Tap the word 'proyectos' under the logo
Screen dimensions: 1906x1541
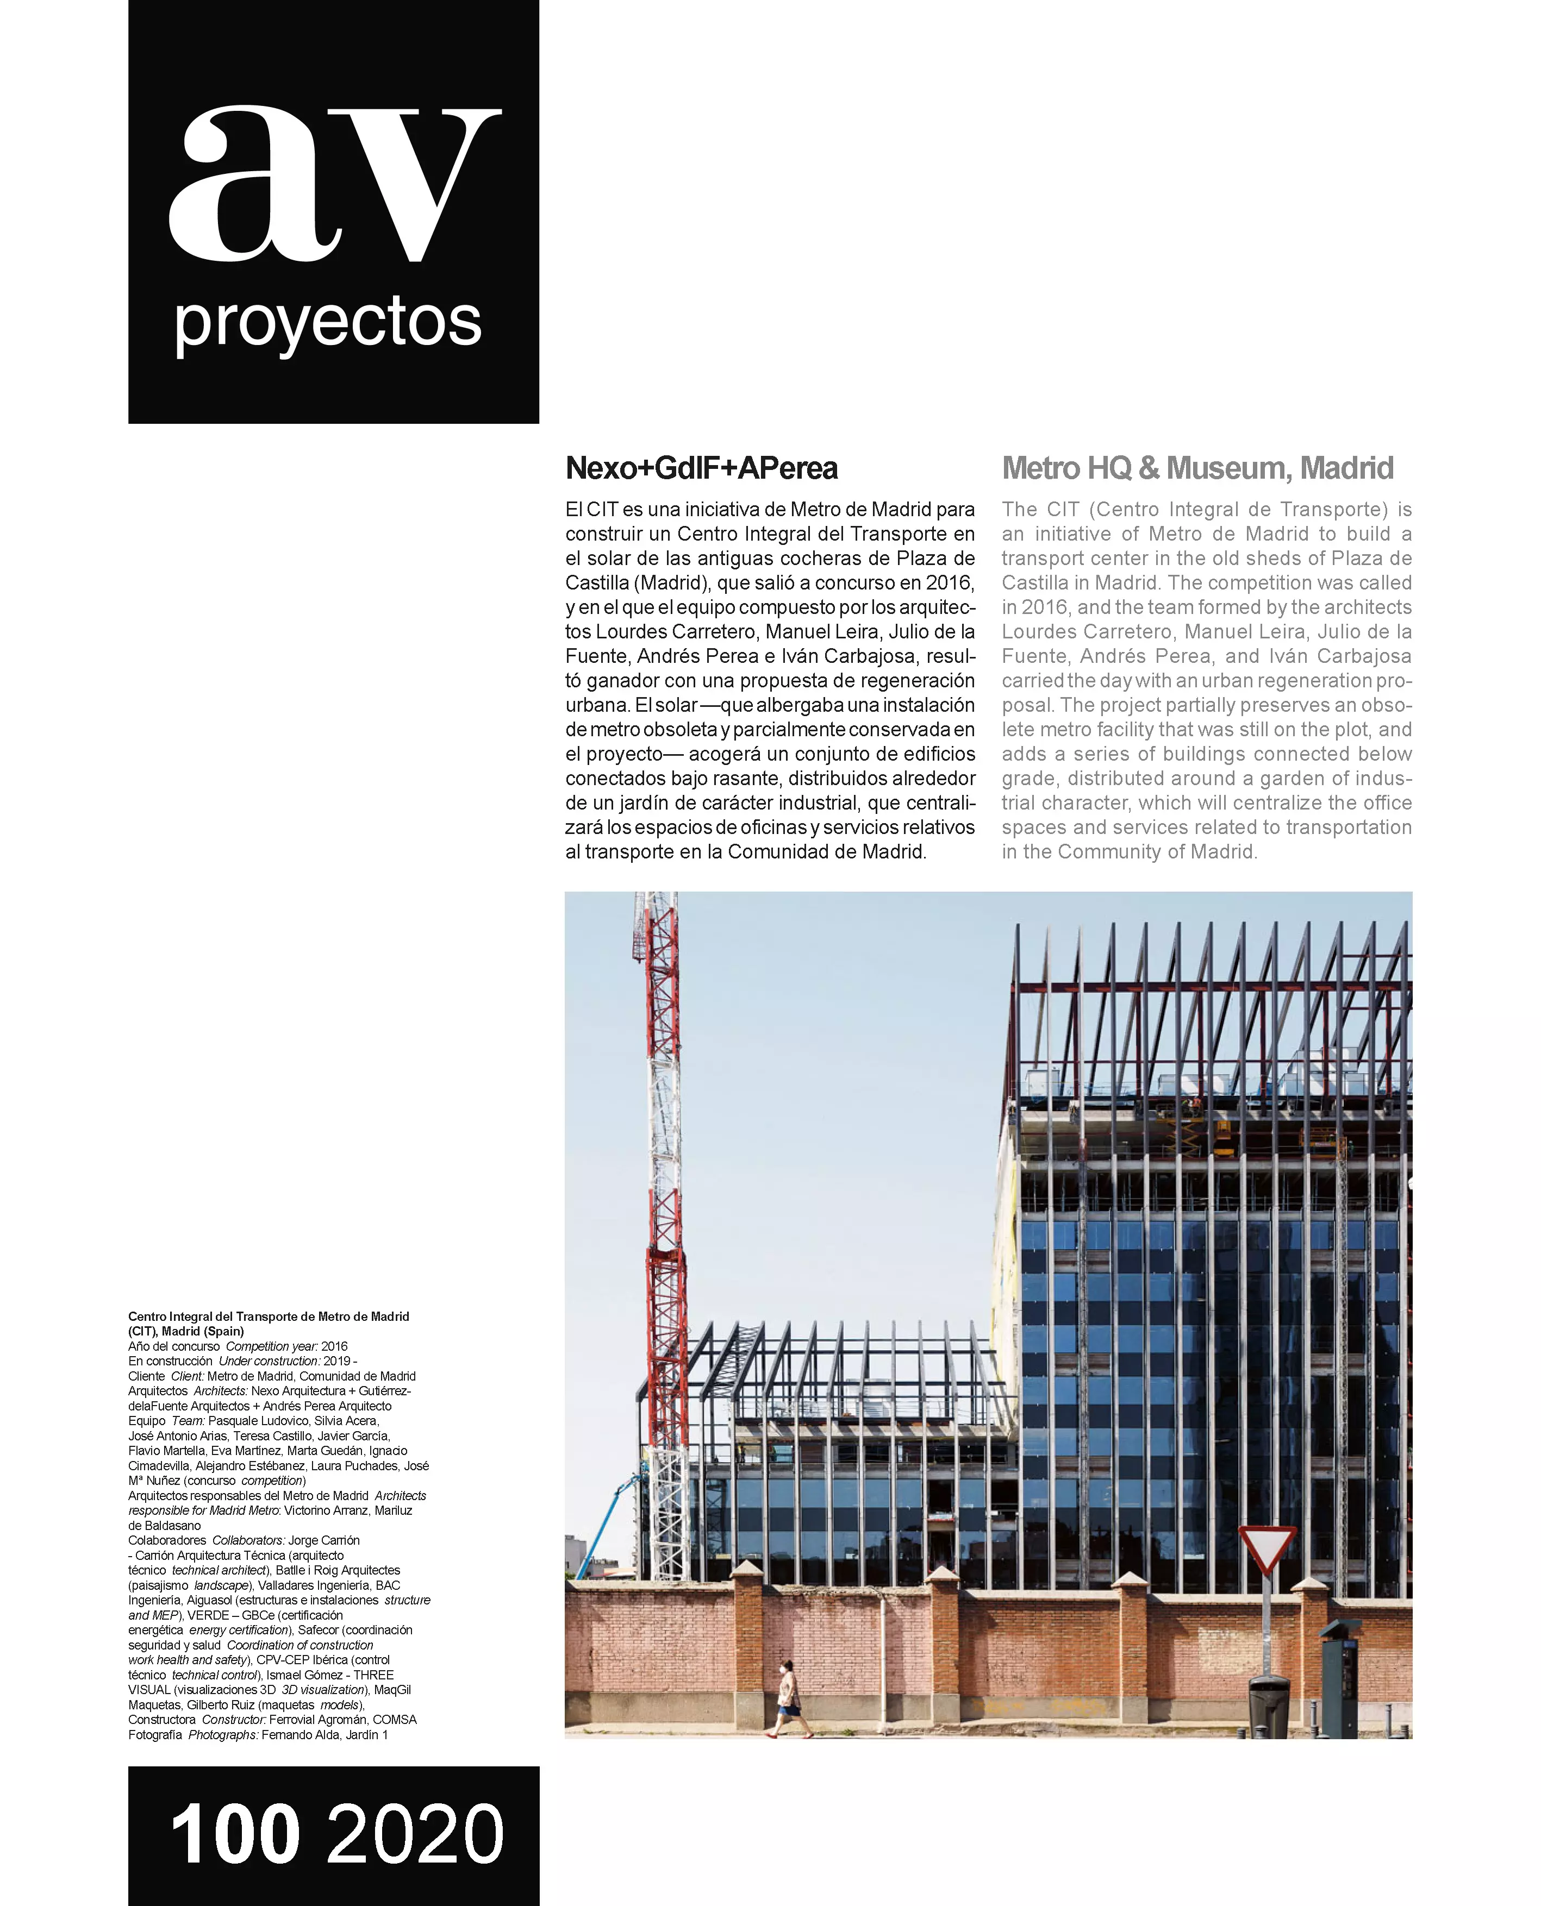coord(328,324)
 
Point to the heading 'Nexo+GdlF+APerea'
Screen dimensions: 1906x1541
coord(701,468)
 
